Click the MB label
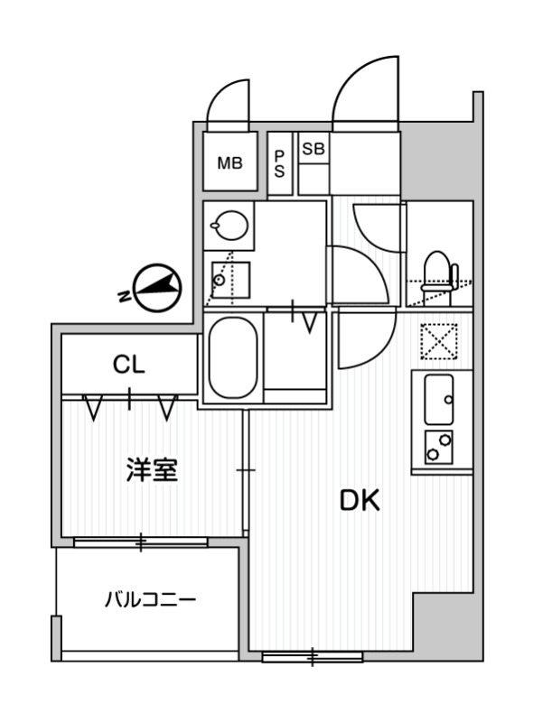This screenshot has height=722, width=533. tap(229, 163)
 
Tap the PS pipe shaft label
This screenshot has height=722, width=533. tap(280, 164)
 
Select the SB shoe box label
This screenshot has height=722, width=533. tap(313, 149)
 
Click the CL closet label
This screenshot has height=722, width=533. tap(128, 365)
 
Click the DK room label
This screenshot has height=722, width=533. tap(359, 499)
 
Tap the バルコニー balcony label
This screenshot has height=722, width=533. tap(150, 599)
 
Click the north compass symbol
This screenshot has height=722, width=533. tap(157, 288)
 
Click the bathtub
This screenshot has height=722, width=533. tap(233, 357)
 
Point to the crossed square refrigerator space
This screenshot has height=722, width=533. tap(440, 343)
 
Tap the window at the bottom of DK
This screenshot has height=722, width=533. tap(312, 657)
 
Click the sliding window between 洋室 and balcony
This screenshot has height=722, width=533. tap(140, 542)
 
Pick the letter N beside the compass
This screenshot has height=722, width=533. tap(123, 295)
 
